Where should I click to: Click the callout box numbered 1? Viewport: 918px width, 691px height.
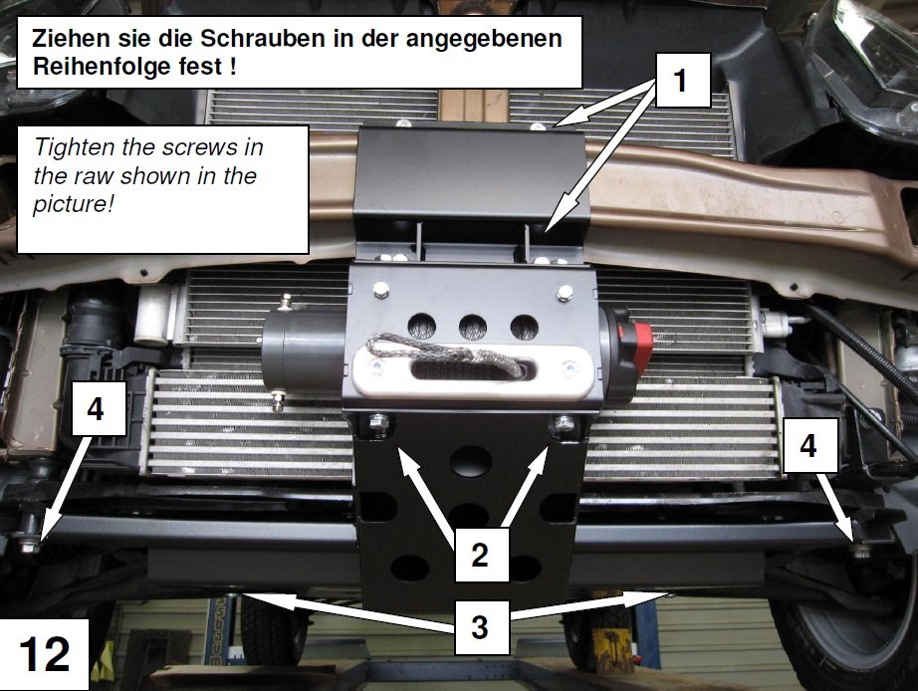tap(683, 81)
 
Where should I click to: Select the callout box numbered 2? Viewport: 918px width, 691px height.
tap(481, 554)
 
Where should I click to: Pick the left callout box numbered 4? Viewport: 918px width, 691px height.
tap(99, 409)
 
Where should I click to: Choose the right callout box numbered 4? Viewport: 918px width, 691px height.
tap(810, 445)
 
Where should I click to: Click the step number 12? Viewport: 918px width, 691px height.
tap(45, 654)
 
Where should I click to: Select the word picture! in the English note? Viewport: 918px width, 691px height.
tap(74, 204)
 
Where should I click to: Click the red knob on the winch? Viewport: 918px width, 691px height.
tap(641, 342)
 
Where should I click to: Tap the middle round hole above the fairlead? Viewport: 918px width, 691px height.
tap(473, 327)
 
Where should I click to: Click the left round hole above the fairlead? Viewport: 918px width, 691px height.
tap(422, 327)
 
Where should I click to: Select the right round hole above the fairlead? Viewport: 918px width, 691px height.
tap(525, 328)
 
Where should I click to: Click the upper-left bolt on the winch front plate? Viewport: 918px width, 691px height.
tap(381, 289)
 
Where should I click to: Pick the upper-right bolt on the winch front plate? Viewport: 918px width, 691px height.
tap(565, 292)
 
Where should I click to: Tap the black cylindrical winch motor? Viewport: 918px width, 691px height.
tap(304, 351)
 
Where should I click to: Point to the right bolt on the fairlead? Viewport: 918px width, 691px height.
tap(570, 369)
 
